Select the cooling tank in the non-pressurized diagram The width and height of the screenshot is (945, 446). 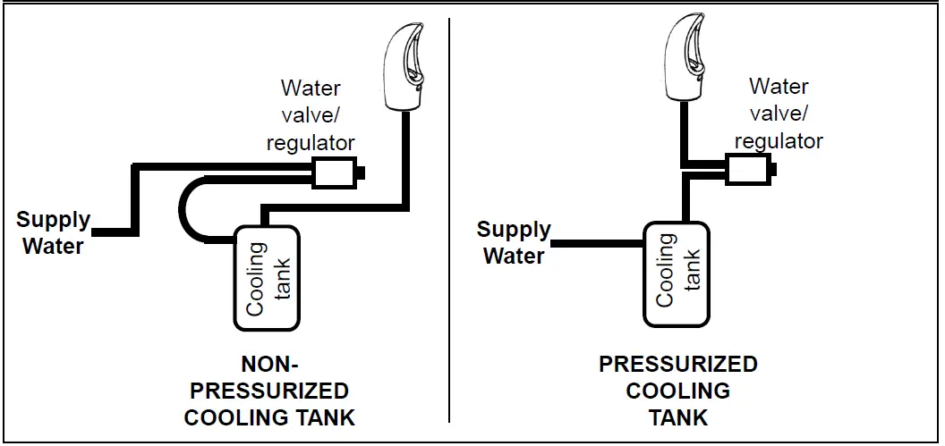coord(267,277)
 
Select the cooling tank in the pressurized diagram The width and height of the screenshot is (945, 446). coord(677,272)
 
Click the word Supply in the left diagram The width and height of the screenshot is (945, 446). coord(54,220)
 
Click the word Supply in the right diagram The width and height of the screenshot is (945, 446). coord(514,230)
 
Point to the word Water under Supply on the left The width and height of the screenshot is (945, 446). coord(53,246)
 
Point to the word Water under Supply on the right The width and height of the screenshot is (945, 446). coord(514,256)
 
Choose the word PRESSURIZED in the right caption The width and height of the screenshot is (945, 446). coord(677,365)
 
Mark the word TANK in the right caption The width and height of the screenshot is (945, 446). coord(677,417)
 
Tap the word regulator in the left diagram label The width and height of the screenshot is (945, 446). coord(311,141)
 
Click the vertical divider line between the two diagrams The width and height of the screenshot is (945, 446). coord(448,223)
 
